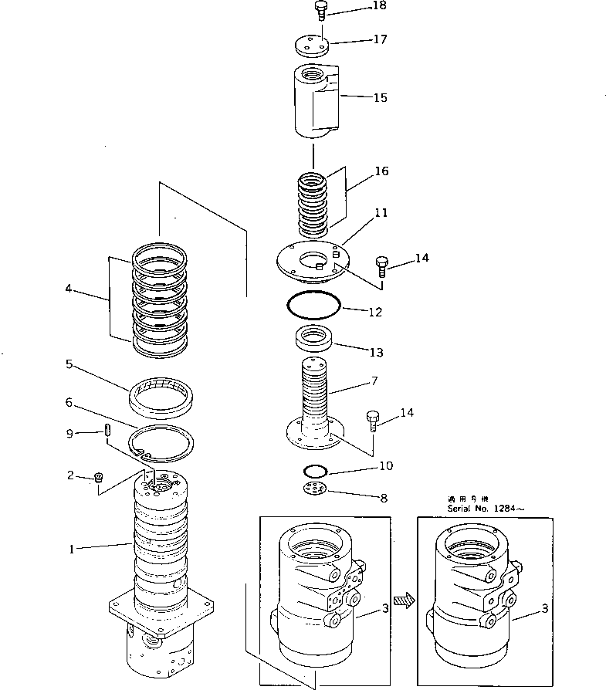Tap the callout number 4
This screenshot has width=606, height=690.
69,289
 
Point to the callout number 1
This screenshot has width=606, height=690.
72,550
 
